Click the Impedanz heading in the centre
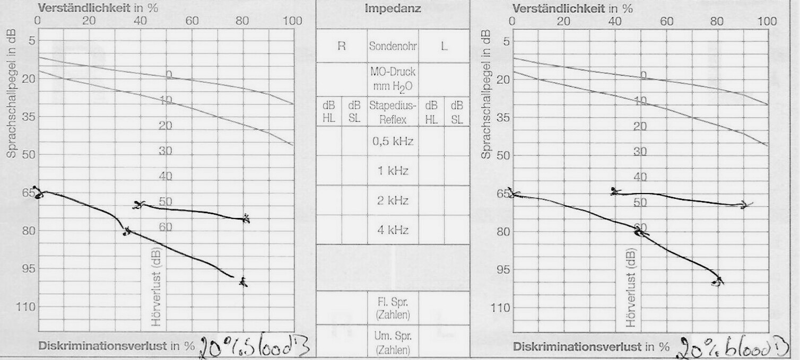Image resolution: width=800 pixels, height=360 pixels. pyautogui.click(x=393, y=9)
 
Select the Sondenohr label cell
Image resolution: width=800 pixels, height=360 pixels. pyautogui.click(x=393, y=46)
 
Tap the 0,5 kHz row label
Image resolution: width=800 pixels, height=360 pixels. pyautogui.click(x=393, y=142)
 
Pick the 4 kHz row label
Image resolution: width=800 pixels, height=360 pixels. pyautogui.click(x=393, y=231)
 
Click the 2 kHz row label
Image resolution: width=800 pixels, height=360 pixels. pyautogui.click(x=393, y=201)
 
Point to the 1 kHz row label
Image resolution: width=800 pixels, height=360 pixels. pyautogui.click(x=393, y=171)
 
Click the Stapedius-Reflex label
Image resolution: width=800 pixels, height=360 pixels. pyautogui.click(x=393, y=112)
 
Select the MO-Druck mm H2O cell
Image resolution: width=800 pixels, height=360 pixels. pyautogui.click(x=393, y=80)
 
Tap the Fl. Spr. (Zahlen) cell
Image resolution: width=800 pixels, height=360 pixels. pyautogui.click(x=393, y=308)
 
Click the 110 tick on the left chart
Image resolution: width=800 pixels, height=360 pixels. pyautogui.click(x=22, y=307)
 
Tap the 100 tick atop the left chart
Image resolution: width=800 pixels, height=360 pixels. pyautogui.click(x=293, y=21)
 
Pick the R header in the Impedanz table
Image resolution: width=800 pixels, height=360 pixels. pyautogui.click(x=342, y=46)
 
